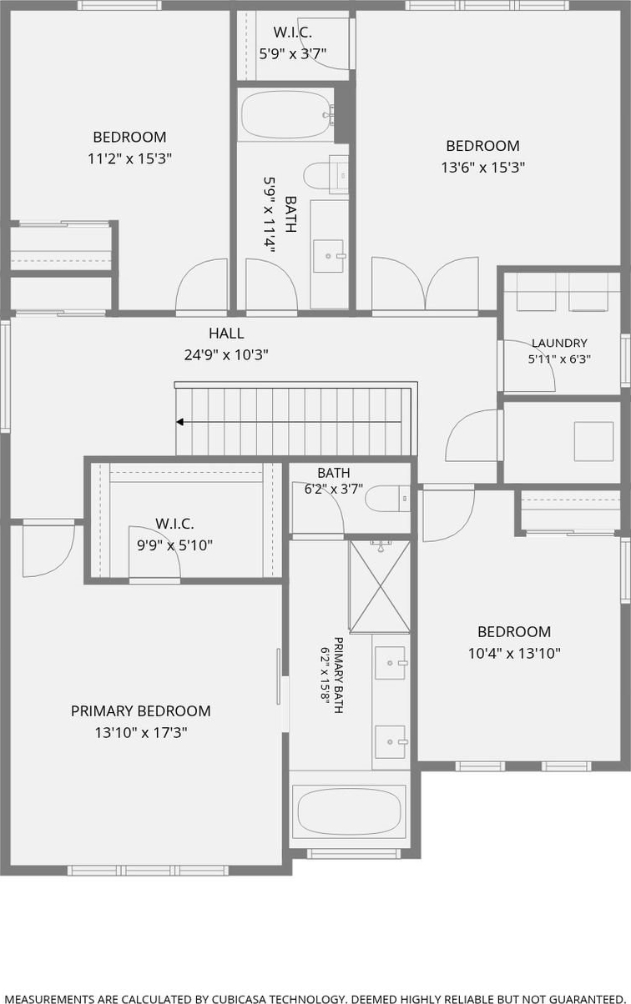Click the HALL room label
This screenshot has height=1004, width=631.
(226, 333)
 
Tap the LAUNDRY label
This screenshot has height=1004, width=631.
(559, 343)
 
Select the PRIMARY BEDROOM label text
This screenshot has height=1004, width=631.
(141, 710)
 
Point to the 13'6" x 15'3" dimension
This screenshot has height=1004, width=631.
(483, 168)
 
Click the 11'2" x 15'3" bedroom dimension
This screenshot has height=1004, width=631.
(130, 158)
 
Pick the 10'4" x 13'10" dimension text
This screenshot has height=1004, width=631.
(514, 654)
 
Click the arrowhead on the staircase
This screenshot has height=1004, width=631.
(179, 422)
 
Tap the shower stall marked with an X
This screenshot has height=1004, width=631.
(380, 586)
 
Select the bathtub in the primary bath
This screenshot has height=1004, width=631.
(349, 810)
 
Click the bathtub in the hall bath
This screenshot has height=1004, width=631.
(286, 115)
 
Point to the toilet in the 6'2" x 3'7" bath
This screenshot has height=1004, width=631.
(387, 498)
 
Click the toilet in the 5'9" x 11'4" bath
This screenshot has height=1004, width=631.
(326, 175)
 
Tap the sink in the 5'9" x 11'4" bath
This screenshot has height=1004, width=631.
(329, 256)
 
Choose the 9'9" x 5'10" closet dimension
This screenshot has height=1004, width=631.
(174, 545)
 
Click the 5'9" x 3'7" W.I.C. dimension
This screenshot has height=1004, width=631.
(292, 53)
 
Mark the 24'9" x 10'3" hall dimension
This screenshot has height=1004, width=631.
(226, 355)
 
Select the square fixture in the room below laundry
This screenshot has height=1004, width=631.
(593, 441)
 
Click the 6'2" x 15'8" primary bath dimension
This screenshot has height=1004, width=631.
(324, 675)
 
